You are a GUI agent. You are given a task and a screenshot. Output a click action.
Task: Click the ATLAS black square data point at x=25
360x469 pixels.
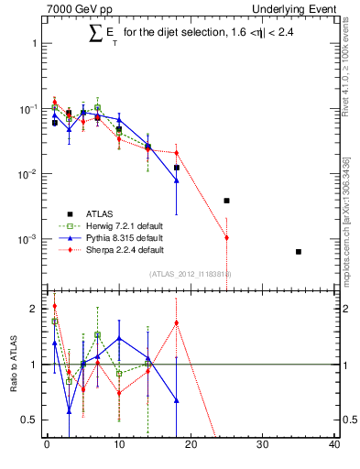pyautogui.click(x=226, y=200)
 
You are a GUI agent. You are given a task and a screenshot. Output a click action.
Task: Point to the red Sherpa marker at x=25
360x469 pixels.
pyautogui.click(x=226, y=237)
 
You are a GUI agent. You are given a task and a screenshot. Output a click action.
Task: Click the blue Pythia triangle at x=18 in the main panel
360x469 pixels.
pyautogui.click(x=176, y=180)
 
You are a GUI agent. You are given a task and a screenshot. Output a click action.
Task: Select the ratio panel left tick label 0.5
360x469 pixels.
pyautogui.click(x=29, y=420)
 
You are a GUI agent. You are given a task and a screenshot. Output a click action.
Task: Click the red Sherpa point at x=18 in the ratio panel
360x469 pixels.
pyautogui.click(x=176, y=322)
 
